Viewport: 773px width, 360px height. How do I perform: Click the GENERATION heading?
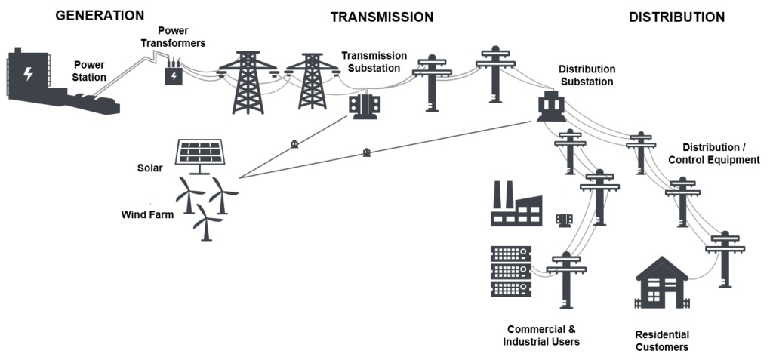click(100, 15)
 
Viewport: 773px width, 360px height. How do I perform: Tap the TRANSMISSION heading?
click(381, 17)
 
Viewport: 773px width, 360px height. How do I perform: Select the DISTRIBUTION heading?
click(676, 17)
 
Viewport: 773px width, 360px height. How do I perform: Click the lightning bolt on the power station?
click(29, 73)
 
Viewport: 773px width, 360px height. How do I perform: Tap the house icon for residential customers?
click(661, 282)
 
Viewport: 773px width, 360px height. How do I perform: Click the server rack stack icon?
click(511, 271)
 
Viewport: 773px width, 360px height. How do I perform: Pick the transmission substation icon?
click(365, 106)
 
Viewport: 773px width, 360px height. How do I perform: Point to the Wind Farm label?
click(147, 214)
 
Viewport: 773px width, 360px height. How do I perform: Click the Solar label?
click(150, 168)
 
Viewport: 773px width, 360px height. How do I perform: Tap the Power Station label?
click(90, 71)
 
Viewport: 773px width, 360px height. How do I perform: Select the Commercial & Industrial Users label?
click(541, 335)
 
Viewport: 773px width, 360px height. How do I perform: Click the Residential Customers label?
click(661, 341)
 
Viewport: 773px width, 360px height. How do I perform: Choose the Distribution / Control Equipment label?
click(721, 153)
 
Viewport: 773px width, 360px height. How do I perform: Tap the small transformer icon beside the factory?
click(565, 220)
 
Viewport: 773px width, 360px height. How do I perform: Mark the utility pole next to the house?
click(725, 259)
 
